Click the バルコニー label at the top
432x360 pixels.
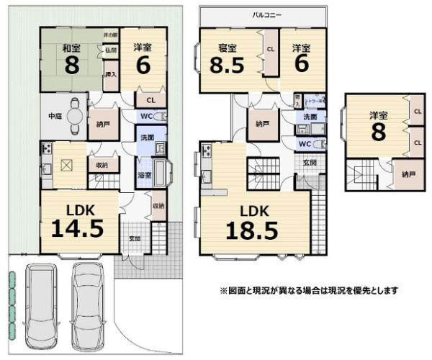coord(266,14)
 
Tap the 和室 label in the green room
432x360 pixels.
coord(71,48)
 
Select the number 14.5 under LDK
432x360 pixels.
coord(77,228)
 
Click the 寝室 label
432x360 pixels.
coord(228,48)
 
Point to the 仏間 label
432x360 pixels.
coord(110,50)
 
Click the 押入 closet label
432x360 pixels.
coord(110,75)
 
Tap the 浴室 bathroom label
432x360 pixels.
coord(144,175)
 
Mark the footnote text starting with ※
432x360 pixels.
coord(308,291)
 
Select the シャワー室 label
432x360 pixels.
coord(314,101)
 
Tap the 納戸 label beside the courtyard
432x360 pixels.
coord(104,124)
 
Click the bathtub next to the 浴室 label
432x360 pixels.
coord(161,173)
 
